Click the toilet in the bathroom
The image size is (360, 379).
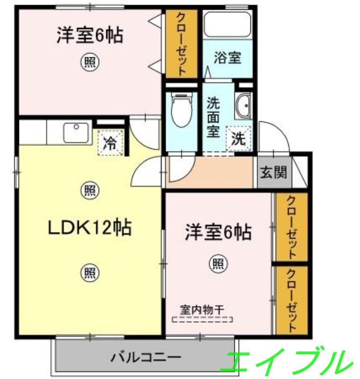click(x=181, y=109)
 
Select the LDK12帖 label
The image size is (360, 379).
click(x=89, y=228)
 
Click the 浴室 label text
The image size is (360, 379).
click(x=227, y=58)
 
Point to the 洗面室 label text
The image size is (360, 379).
click(x=213, y=117)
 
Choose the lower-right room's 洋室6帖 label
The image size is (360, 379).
click(x=218, y=233)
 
